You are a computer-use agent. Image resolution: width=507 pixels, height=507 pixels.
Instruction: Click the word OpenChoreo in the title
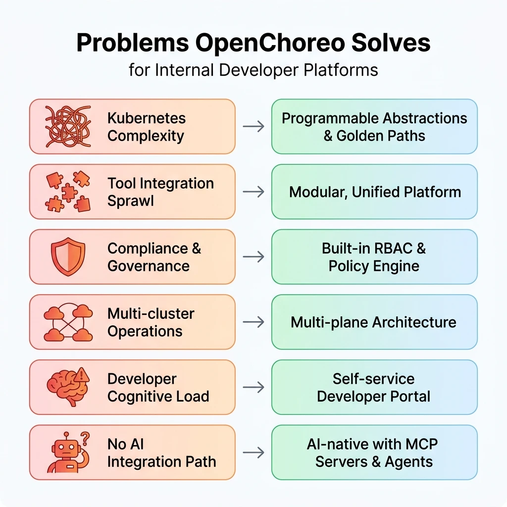tap(270, 43)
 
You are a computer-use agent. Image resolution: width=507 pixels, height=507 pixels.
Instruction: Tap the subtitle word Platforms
tap(341, 70)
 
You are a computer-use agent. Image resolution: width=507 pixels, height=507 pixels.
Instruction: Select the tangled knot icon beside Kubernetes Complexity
tap(68, 126)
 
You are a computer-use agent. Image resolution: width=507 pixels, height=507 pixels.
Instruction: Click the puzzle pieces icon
tap(68, 192)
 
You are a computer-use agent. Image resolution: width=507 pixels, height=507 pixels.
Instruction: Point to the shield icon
tap(68, 256)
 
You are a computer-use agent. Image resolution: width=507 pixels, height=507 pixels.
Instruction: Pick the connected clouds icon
tap(68, 322)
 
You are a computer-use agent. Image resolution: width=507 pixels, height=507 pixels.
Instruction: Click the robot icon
tap(68, 452)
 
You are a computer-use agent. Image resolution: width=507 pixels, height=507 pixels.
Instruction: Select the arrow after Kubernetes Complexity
tap(253, 126)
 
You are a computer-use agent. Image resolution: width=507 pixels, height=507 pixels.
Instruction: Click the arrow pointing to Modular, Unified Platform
tap(253, 192)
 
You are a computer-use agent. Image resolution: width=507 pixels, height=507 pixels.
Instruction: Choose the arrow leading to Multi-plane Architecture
tap(253, 322)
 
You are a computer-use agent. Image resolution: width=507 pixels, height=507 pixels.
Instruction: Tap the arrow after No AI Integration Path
tap(253, 453)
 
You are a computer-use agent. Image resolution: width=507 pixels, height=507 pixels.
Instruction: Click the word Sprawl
tap(131, 201)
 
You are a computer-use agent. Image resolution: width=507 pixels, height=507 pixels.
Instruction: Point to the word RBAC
tap(393, 249)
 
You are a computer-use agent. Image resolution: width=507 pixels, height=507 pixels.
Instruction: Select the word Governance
tap(149, 266)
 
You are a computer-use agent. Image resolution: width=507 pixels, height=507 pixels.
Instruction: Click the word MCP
tap(421, 444)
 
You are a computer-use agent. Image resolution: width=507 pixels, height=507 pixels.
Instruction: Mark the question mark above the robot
tap(85, 438)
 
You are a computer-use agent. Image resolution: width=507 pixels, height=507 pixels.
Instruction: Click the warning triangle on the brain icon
tap(82, 375)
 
